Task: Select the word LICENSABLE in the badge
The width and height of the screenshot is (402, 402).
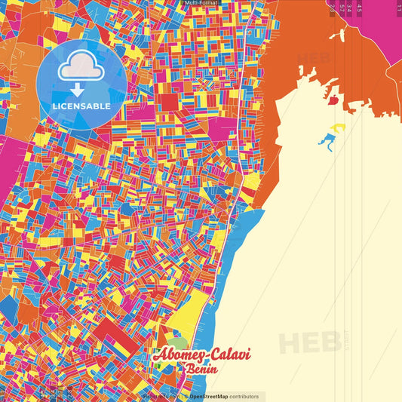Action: click(x=81, y=106)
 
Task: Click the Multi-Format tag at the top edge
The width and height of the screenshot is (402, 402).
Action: click(x=201, y=3)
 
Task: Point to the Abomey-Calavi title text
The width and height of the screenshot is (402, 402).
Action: click(x=201, y=355)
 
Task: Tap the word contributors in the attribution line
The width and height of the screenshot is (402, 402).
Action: click(x=244, y=396)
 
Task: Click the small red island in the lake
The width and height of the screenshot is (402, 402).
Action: click(x=333, y=98)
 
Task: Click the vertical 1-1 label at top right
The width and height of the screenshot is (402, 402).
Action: click(x=398, y=7)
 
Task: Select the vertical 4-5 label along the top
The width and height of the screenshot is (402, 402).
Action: click(x=360, y=8)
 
